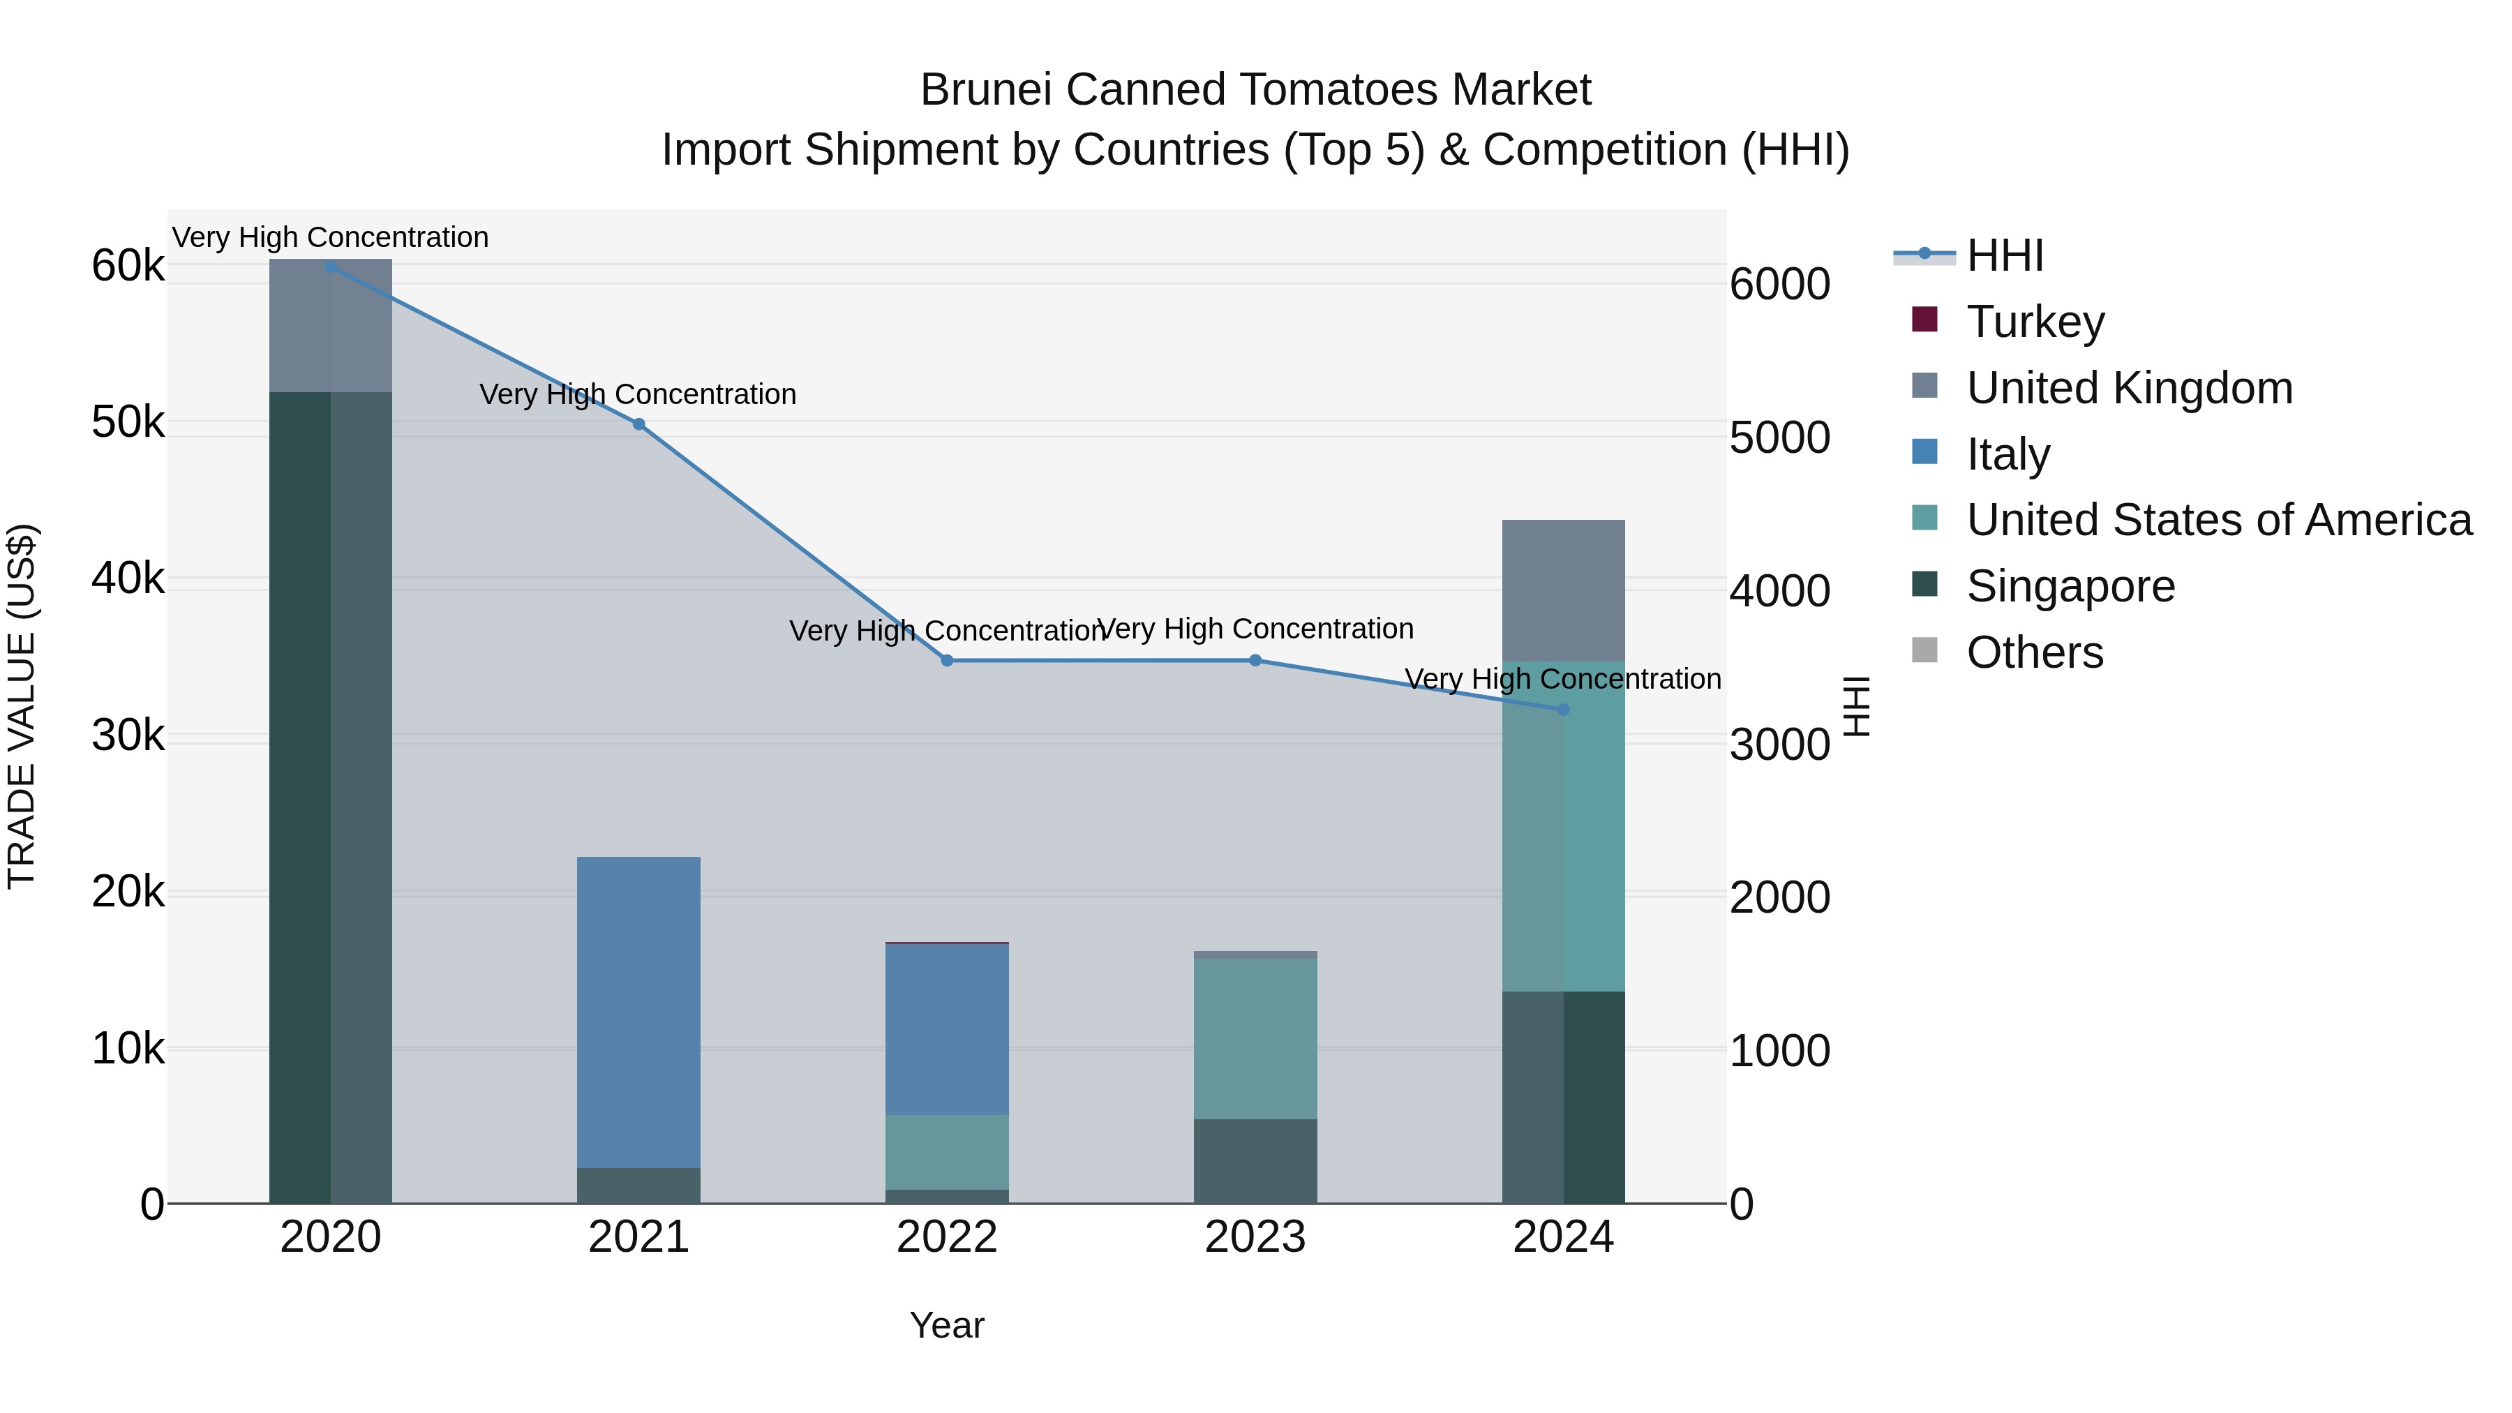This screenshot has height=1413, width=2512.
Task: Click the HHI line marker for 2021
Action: coord(638,424)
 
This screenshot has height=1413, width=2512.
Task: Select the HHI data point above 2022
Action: coord(947,661)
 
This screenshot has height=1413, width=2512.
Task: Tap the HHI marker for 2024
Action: coord(1563,710)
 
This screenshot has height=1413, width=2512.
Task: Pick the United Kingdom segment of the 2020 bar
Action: coord(331,327)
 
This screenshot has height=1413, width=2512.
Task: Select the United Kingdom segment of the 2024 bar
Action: coord(1563,591)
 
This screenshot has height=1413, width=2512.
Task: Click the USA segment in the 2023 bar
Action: coord(1255,1038)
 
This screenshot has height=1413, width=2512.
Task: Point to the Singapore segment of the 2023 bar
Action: coord(1255,1160)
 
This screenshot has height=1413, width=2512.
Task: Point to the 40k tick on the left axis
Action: coord(128,579)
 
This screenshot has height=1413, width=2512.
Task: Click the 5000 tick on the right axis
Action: coord(1779,438)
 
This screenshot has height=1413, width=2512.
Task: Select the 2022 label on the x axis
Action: coord(947,1237)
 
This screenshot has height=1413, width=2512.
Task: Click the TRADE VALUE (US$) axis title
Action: coord(22,706)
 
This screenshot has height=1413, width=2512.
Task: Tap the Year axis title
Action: coord(947,1325)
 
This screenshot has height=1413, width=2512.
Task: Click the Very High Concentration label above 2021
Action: coord(638,395)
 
